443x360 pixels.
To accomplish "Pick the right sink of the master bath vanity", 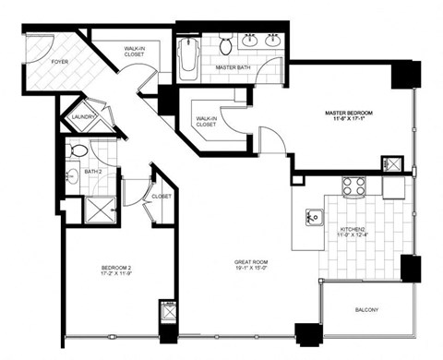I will [x=272, y=41].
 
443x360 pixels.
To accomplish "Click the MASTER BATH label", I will [x=233, y=66].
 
